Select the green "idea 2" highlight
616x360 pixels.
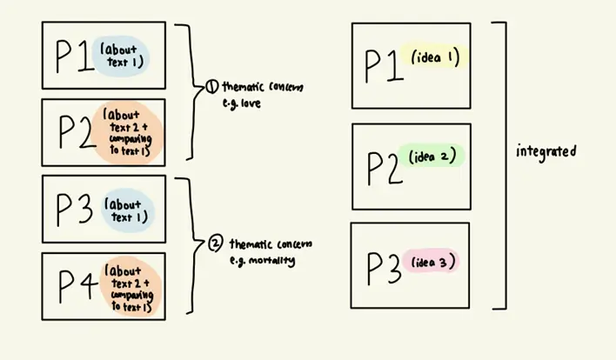432,157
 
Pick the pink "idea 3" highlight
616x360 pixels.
432,262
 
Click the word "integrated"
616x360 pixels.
546,151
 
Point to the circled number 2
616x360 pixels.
215,243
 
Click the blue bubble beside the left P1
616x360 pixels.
123,56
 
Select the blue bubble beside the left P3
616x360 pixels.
127,209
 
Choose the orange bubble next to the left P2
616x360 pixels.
131,131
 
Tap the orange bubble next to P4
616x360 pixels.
131,285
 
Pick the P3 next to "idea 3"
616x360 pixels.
383,267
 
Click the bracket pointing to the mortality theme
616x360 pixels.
189,245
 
